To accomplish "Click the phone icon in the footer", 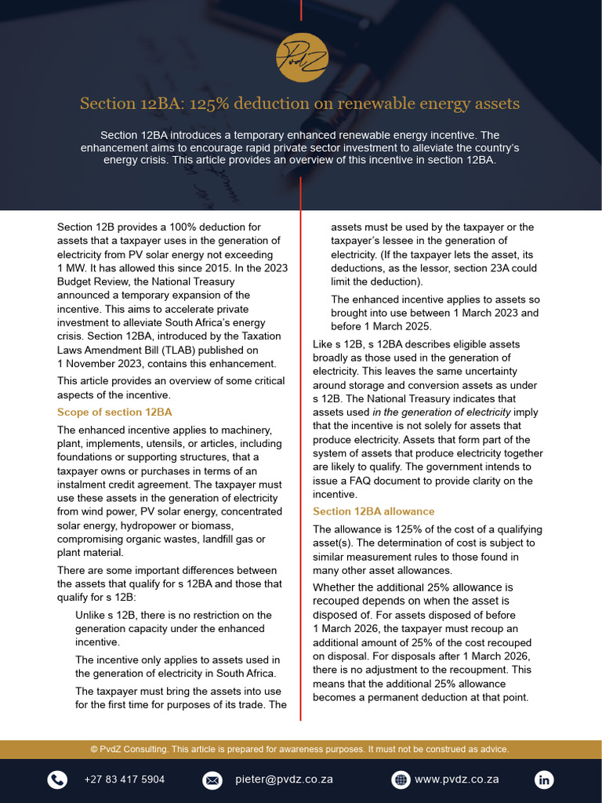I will point(57,779).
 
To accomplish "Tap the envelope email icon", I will point(212,779).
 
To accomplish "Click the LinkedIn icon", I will point(544,779).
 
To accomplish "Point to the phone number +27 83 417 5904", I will point(124,779).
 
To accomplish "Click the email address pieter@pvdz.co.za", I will point(284,779).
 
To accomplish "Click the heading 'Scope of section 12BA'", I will point(114,412).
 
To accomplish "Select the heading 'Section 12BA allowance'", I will point(362,511).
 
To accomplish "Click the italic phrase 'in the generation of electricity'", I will point(441,412).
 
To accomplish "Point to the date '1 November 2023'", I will point(100,364).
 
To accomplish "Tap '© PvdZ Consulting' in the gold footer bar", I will point(129,749).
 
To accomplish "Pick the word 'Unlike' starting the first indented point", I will point(90,615).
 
